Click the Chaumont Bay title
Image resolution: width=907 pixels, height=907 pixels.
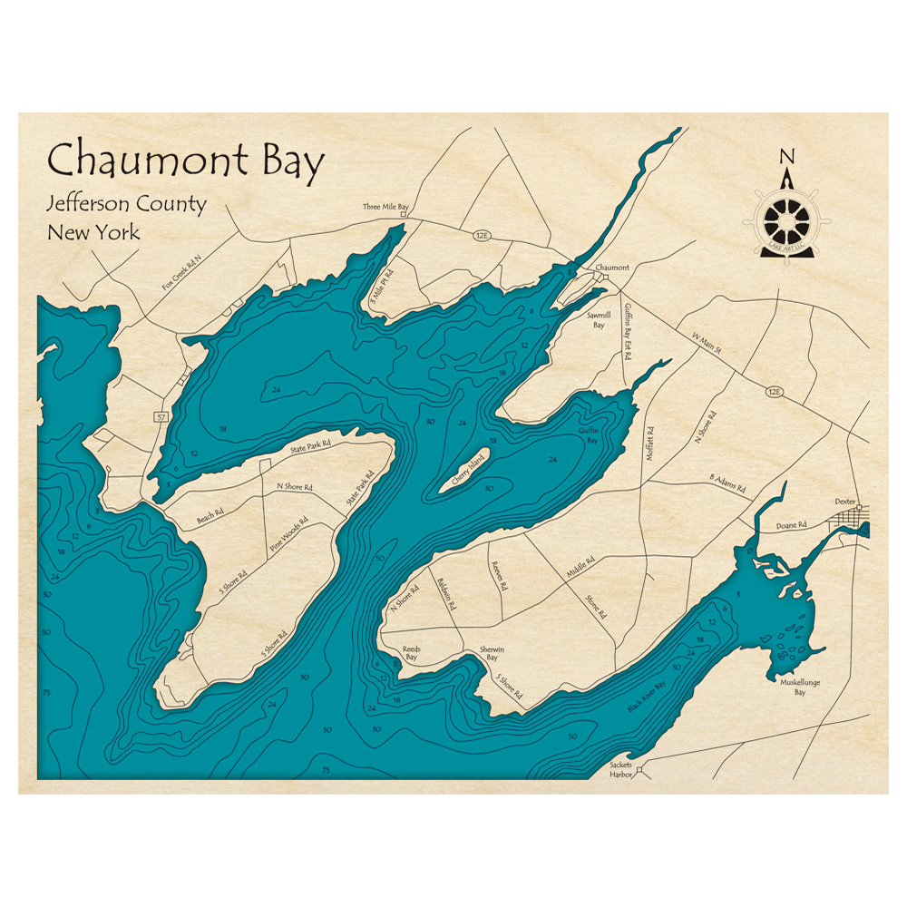[x=185, y=161]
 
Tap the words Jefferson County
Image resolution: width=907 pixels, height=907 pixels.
[x=127, y=204]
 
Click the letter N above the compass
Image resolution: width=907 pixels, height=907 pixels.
[x=786, y=153]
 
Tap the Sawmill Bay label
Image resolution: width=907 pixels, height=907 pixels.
[x=599, y=318]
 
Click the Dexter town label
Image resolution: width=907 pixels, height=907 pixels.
[x=845, y=501]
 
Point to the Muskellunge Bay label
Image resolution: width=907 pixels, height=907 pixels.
[x=787, y=686]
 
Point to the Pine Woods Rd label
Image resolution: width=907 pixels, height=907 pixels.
[x=288, y=535]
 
